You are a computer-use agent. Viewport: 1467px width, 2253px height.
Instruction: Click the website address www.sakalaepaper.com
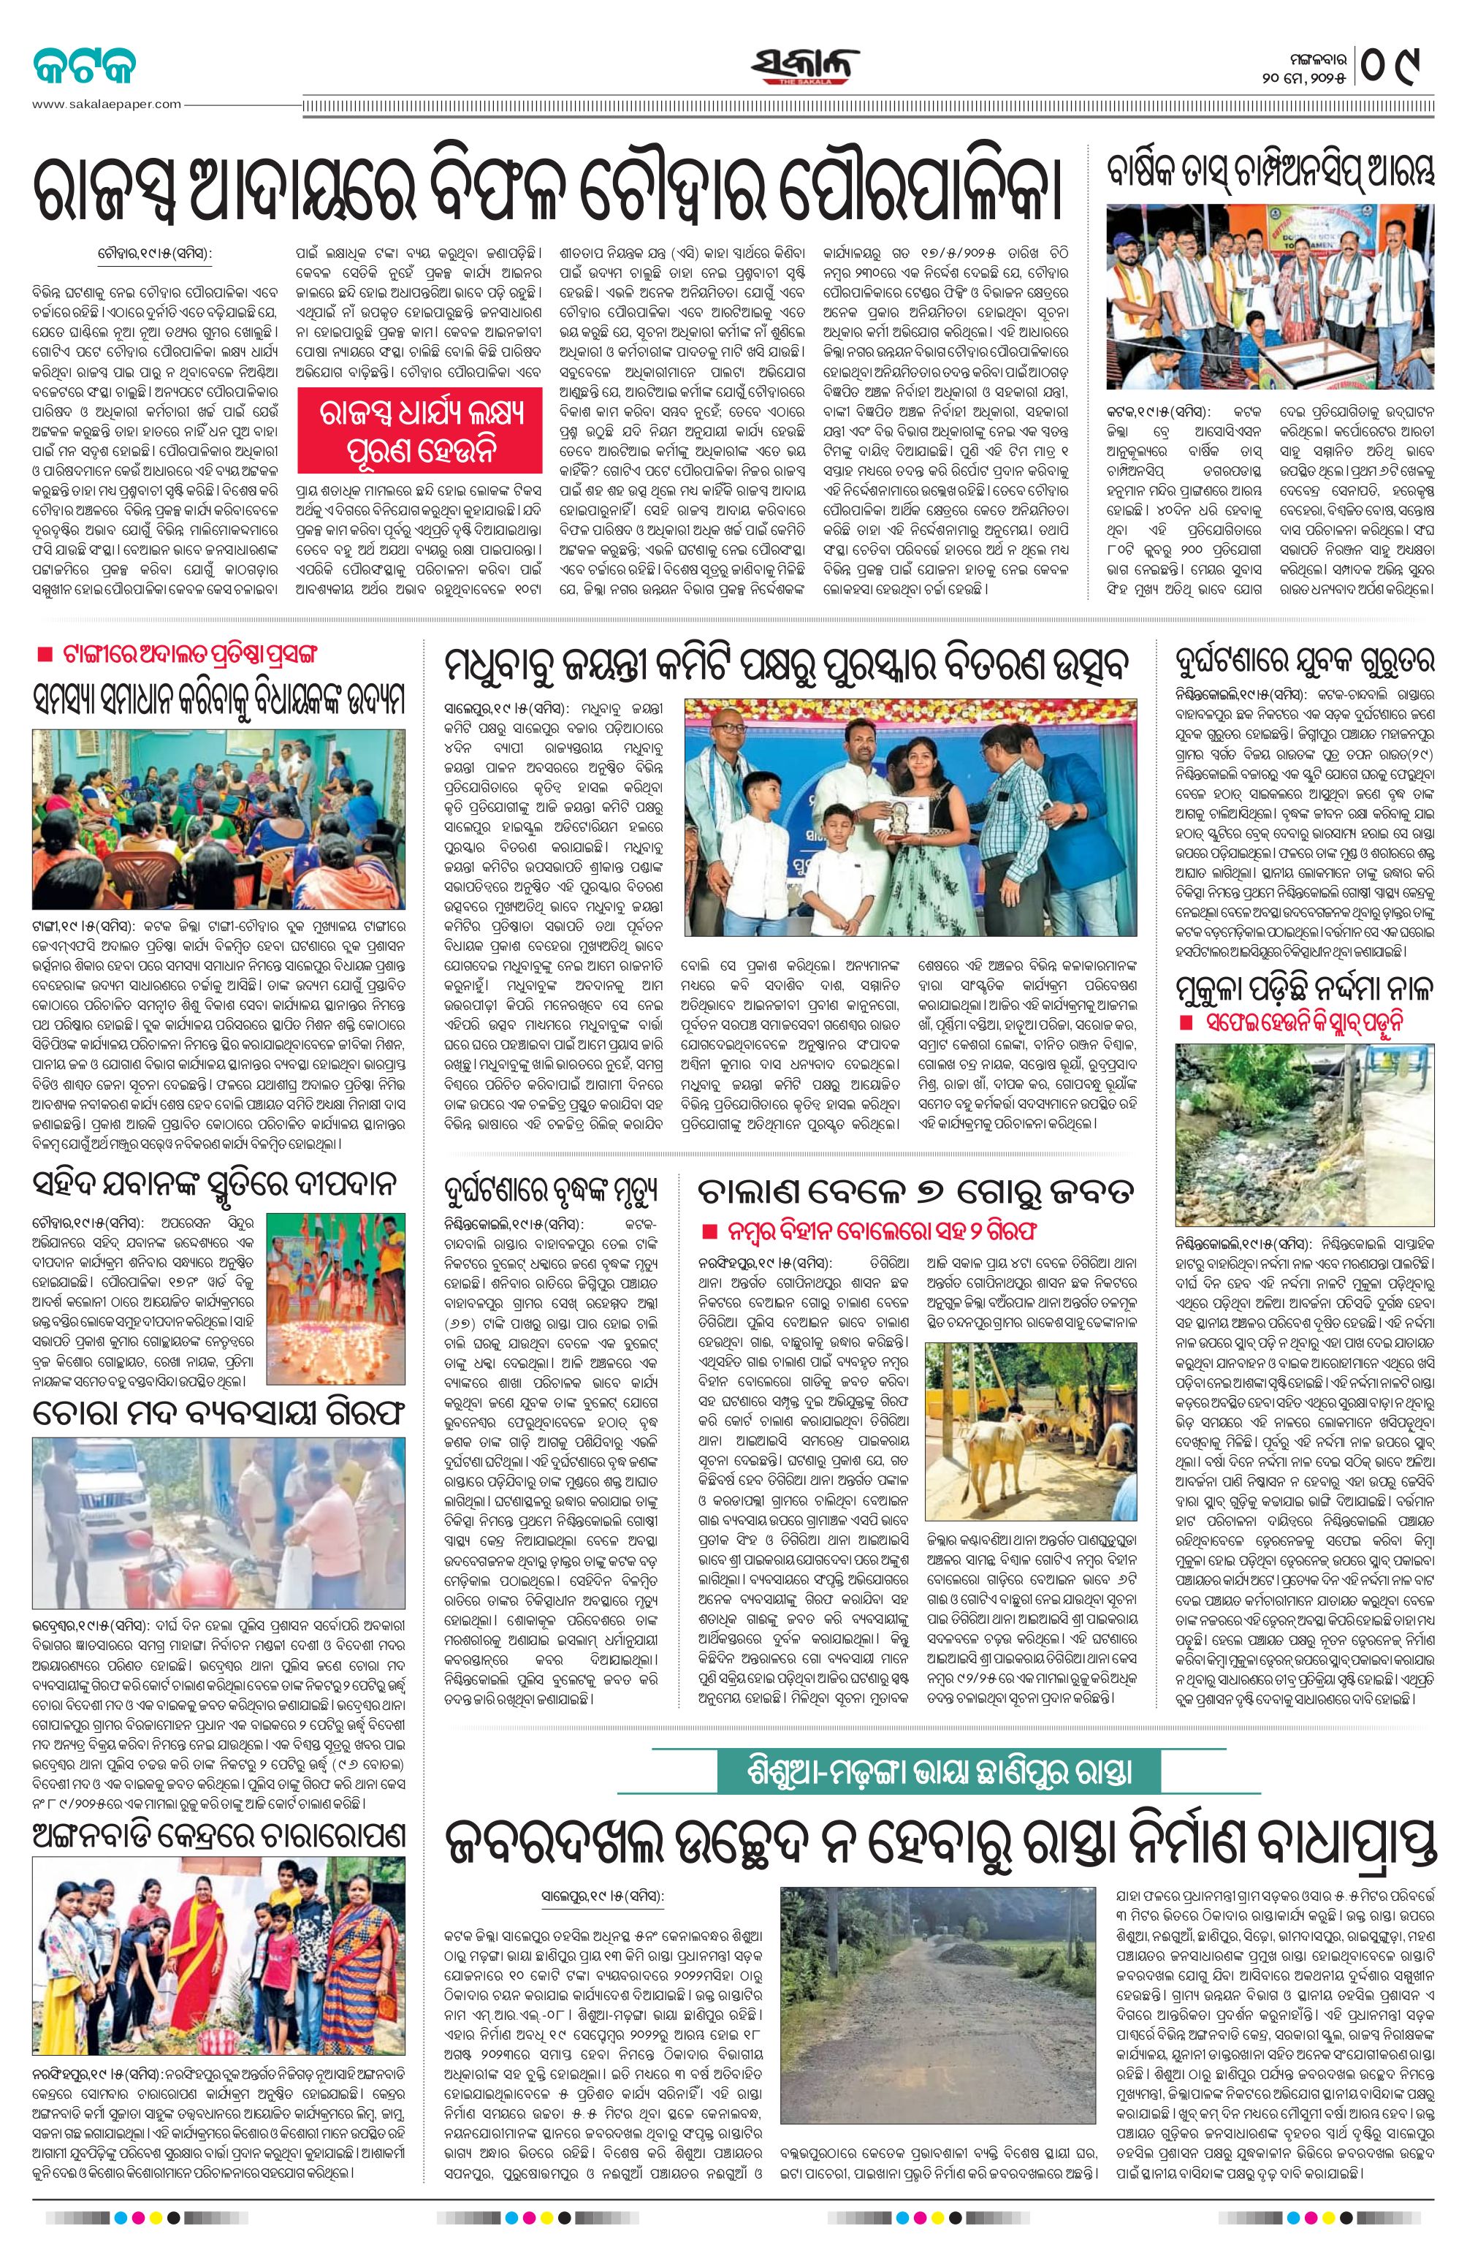106,104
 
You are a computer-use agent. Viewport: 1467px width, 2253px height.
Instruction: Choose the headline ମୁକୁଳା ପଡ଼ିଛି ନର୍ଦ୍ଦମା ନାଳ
1303,990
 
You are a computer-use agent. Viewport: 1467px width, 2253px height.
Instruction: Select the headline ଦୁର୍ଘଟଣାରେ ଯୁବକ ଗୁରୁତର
1304,658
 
